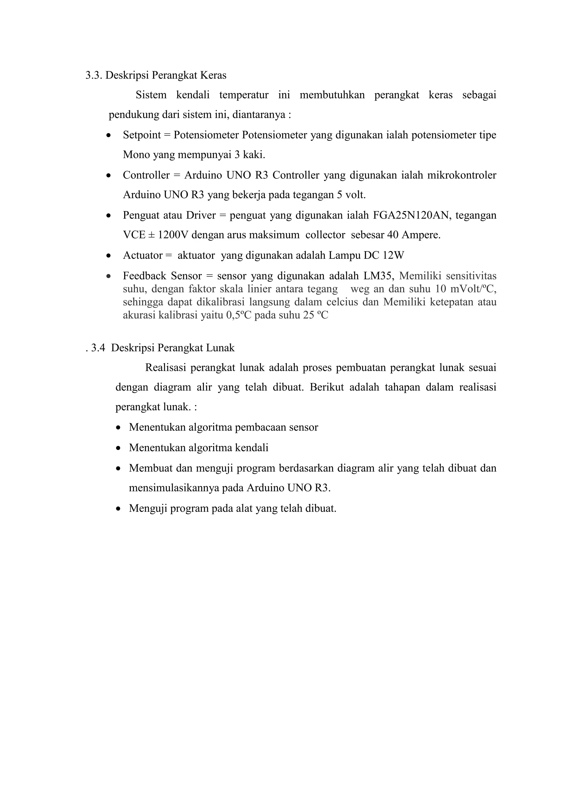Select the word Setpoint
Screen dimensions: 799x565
coord(142,135)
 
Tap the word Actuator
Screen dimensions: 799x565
coord(143,256)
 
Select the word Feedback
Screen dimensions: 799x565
coord(144,276)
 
